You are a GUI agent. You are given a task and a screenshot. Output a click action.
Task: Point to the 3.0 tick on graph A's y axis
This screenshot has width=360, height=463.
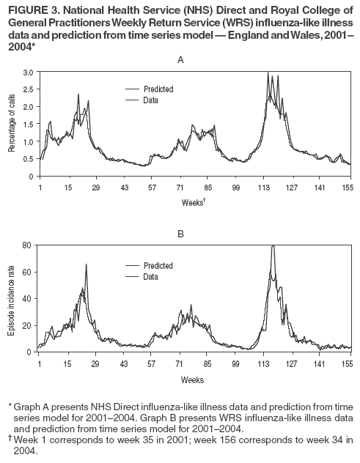[29, 72]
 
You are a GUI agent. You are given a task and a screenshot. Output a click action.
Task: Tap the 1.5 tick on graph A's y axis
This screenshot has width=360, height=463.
[29, 124]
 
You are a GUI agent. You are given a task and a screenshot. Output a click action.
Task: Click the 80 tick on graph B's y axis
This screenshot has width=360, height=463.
[28, 245]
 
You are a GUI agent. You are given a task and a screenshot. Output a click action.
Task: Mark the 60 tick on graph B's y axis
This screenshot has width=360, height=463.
[28, 272]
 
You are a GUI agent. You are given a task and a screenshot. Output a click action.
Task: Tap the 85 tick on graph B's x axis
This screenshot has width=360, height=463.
[207, 363]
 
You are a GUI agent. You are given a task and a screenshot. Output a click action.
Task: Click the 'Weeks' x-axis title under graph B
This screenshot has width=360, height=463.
[193, 379]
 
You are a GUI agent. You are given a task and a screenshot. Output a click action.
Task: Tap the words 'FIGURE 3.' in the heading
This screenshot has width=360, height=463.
[34, 8]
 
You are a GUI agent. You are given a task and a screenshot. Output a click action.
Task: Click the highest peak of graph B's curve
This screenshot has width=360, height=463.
[273, 246]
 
